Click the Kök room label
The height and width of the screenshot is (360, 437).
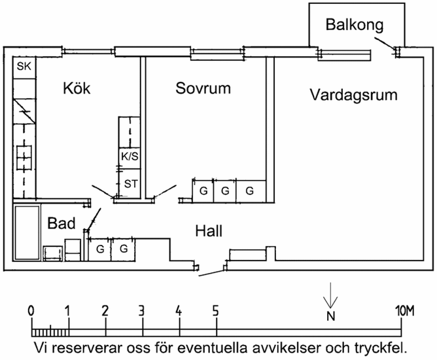click(77, 88)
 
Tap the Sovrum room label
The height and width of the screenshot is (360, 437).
click(203, 88)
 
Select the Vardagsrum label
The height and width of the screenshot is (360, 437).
click(353, 95)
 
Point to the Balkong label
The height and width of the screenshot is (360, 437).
click(354, 25)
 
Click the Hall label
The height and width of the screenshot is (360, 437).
click(209, 231)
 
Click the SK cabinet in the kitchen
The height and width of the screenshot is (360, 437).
click(24, 67)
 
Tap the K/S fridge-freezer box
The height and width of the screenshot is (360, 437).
click(129, 156)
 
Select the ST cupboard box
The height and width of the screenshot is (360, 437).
click(131, 184)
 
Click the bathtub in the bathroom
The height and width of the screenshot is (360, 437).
click(27, 232)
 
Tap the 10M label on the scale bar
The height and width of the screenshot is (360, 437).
click(406, 310)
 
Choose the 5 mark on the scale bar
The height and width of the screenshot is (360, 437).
click(215, 310)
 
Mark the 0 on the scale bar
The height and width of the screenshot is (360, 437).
click(31, 310)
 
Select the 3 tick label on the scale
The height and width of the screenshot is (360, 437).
click(141, 310)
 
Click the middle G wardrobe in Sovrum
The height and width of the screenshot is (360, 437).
click(226, 191)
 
